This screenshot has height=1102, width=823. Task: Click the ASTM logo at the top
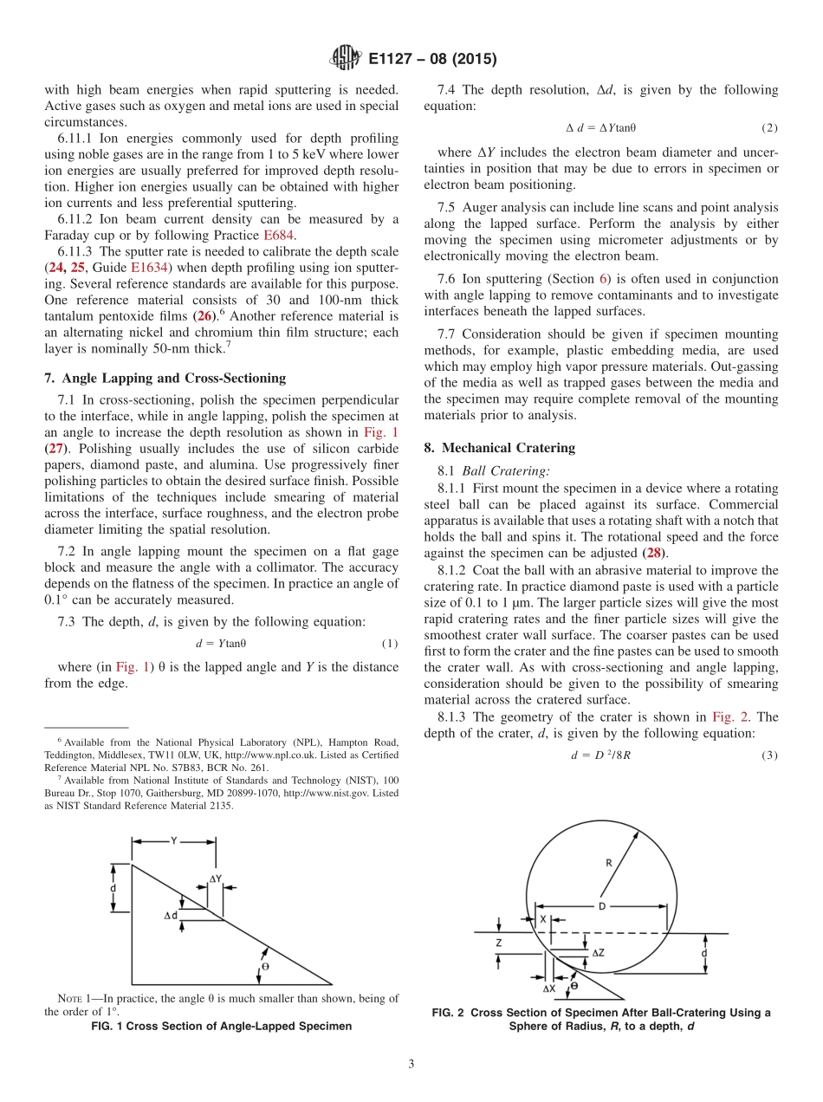click(345, 59)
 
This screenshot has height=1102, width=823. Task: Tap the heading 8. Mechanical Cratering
click(499, 447)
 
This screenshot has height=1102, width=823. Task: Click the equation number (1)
click(390, 644)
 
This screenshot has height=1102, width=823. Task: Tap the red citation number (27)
click(53, 448)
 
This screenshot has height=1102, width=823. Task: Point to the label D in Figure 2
click(600, 906)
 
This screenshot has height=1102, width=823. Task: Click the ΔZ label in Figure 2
click(599, 952)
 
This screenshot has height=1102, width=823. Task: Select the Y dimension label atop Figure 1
click(174, 840)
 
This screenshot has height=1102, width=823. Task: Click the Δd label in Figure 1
click(171, 915)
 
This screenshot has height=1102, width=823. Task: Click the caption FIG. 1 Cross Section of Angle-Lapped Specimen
click(222, 1027)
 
